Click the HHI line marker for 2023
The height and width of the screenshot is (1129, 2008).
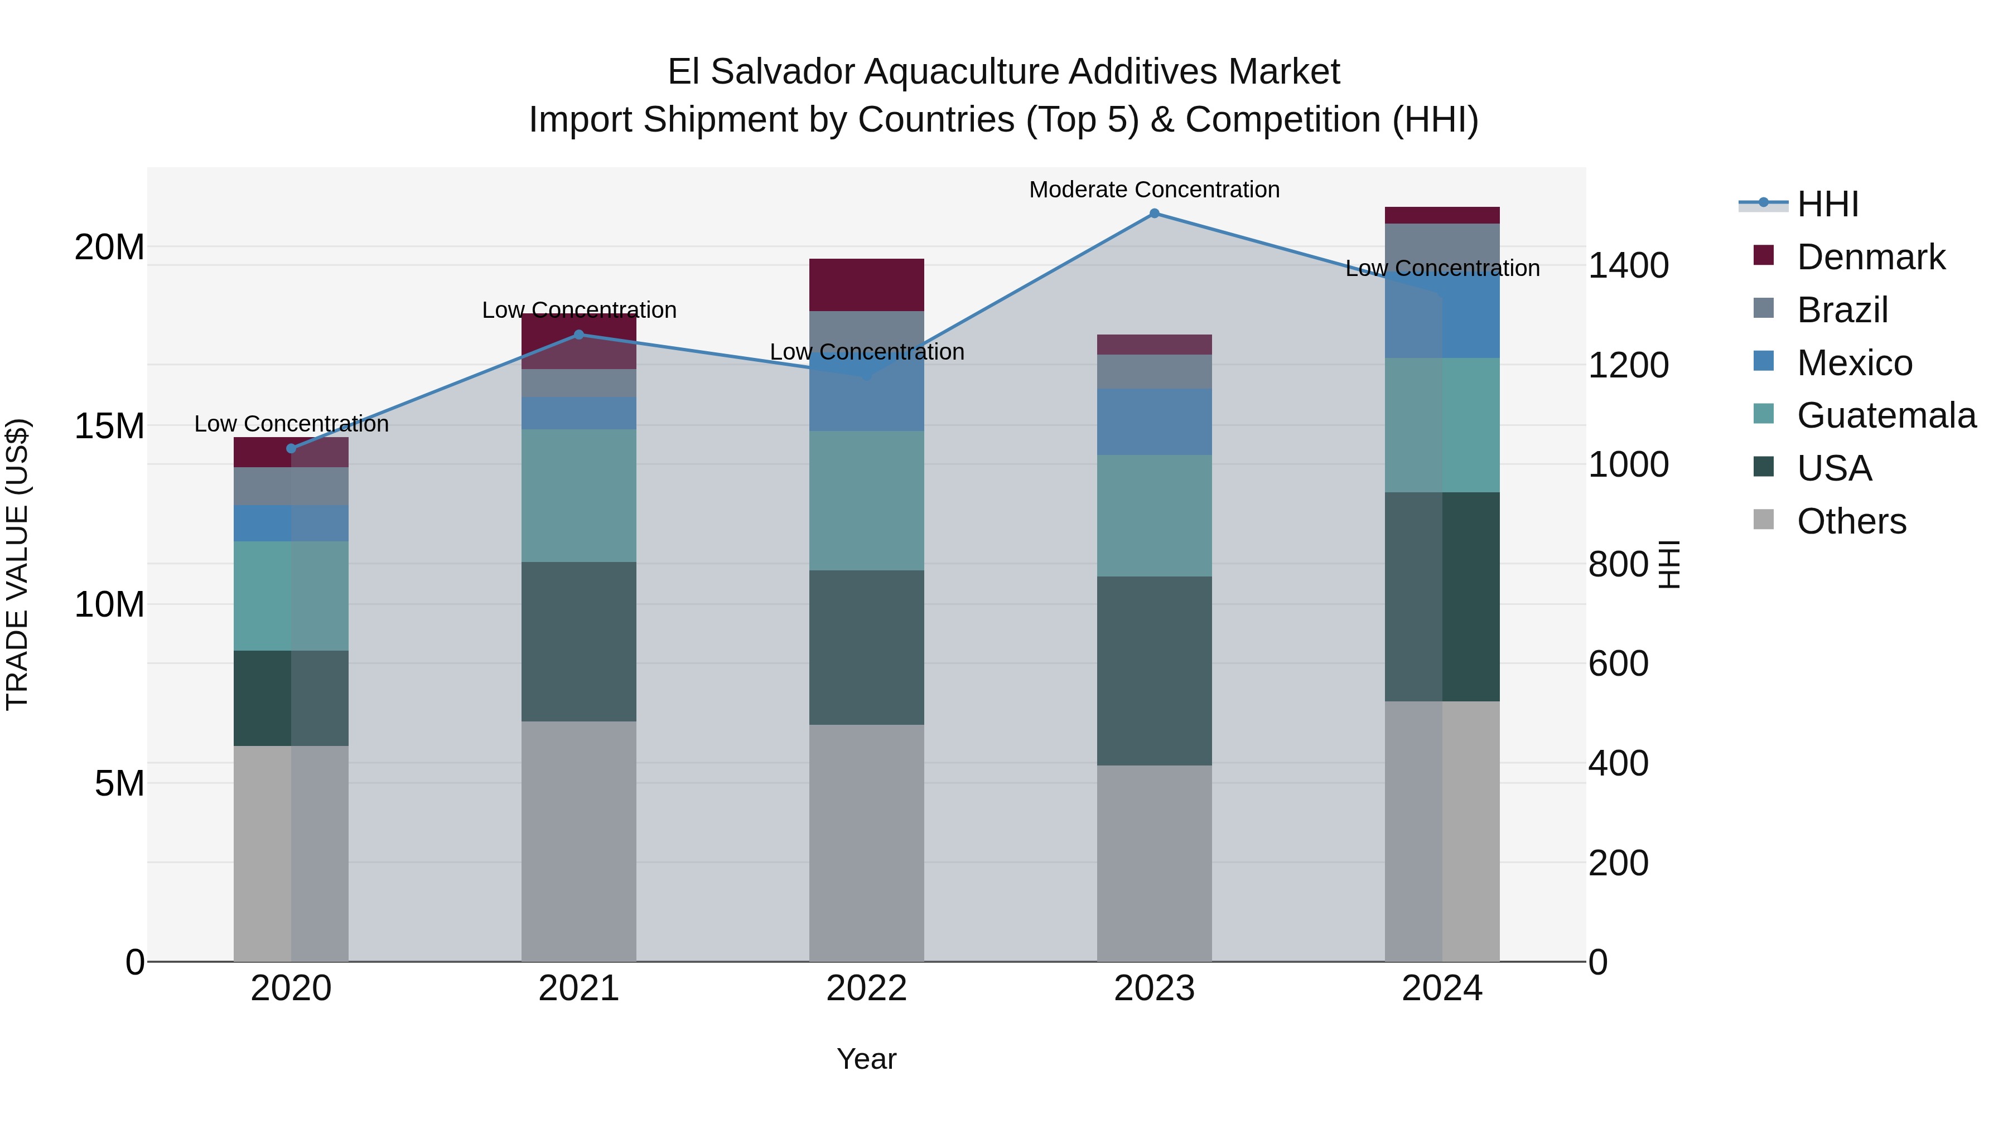tap(1155, 214)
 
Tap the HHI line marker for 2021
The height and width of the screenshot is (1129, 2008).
tap(578, 335)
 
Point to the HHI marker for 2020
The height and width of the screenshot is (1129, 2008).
tap(292, 449)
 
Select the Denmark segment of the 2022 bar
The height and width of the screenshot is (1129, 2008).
tap(866, 285)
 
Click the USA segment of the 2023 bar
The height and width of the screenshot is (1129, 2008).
tap(1155, 671)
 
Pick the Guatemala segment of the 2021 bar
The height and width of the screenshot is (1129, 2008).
tap(578, 496)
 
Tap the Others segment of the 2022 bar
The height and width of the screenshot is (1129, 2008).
tap(866, 843)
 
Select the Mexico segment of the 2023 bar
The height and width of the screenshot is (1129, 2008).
tap(1155, 421)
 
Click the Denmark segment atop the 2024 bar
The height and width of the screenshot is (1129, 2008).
tap(1442, 215)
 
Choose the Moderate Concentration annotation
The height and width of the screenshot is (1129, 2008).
tap(1155, 190)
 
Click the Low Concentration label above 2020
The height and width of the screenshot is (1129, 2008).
tap(292, 424)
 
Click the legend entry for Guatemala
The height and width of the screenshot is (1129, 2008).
tap(1886, 415)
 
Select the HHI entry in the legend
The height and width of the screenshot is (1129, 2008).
tap(1827, 204)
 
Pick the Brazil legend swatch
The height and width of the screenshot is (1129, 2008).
tap(1763, 308)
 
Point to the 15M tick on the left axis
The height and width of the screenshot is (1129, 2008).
tap(109, 426)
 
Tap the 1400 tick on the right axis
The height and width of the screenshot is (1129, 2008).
tap(1628, 266)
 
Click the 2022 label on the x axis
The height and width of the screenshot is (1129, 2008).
tap(866, 989)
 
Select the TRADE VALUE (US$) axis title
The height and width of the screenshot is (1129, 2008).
tap(17, 564)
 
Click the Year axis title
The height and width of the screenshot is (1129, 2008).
tap(866, 1059)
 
